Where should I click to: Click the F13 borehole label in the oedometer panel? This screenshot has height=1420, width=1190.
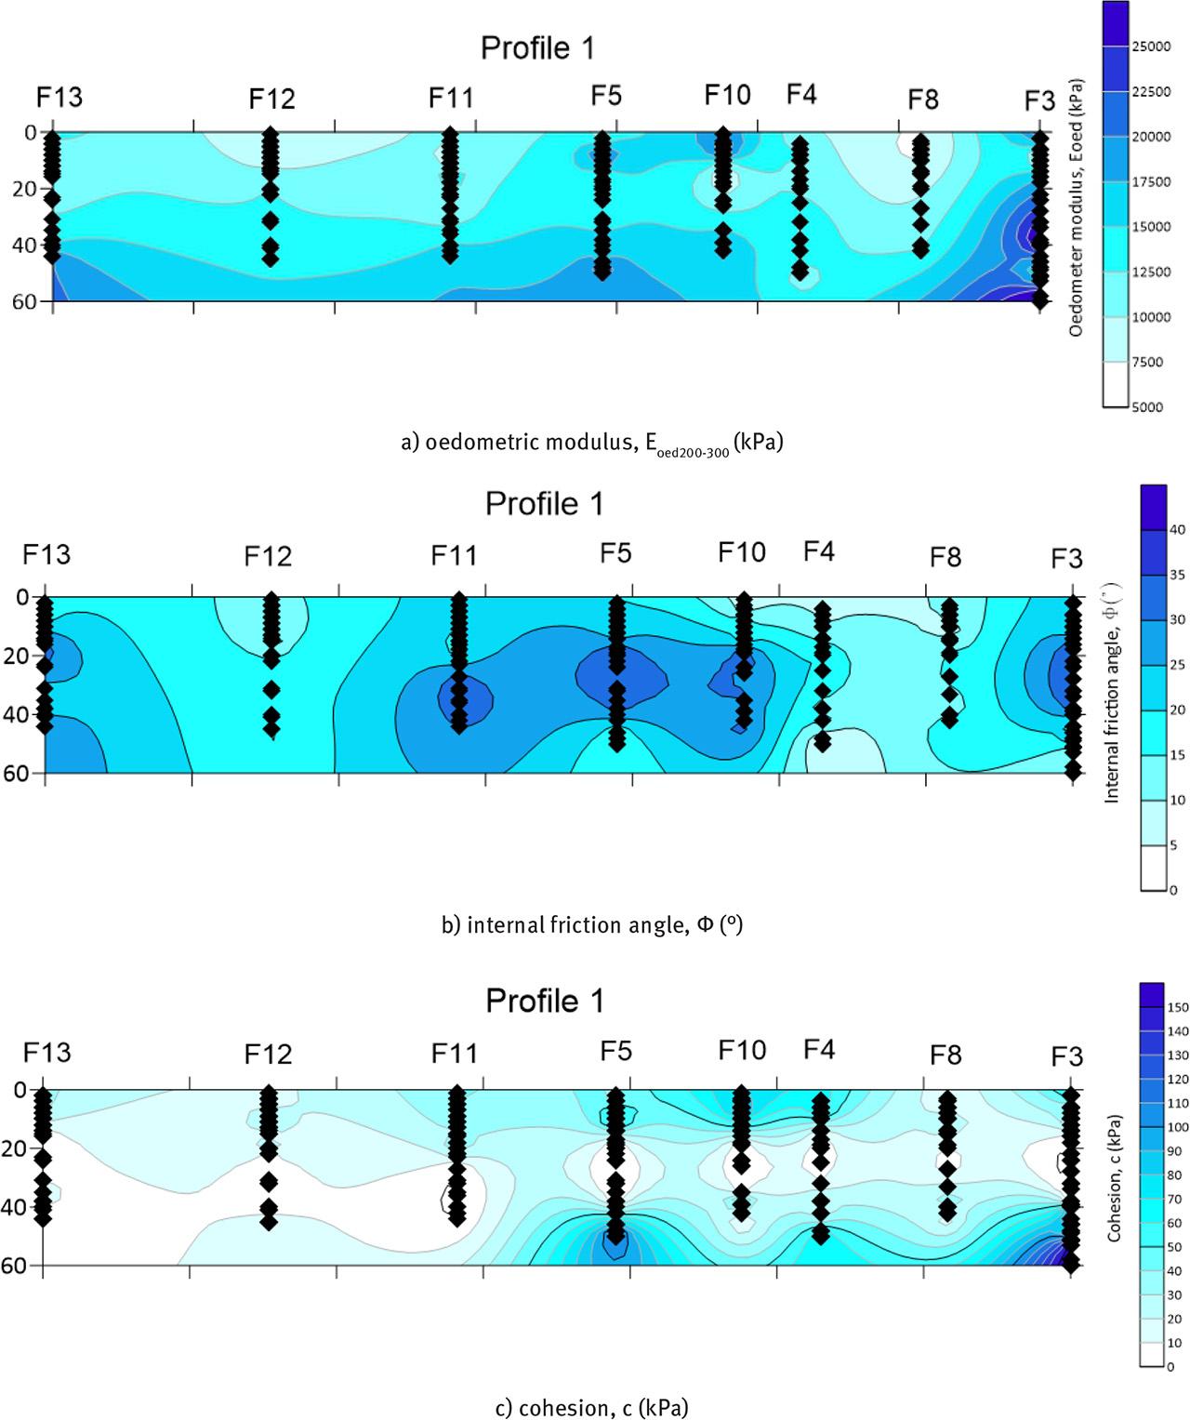point(59,97)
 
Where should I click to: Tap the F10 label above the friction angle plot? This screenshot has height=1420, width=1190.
point(741,552)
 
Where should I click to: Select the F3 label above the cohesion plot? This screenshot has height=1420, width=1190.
point(1066,1056)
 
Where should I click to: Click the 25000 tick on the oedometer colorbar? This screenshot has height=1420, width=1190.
point(1150,46)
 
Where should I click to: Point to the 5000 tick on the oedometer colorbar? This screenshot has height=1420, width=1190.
point(1146,406)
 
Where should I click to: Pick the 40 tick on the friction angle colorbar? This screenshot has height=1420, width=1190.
point(1177,529)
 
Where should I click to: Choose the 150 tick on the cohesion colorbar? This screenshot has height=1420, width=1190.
point(1178,1007)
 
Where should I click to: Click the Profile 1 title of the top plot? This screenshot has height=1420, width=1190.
point(537,48)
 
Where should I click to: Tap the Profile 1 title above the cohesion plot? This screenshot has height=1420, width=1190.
point(545,1002)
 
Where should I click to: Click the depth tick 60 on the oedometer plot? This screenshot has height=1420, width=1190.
point(24,301)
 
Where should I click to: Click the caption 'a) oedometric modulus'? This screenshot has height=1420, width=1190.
point(591,443)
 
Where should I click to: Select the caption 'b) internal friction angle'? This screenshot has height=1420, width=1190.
point(591,925)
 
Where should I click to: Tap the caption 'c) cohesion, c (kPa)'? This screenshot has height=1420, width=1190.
point(591,1408)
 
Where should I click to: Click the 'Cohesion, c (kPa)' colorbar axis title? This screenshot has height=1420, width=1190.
point(1114,1176)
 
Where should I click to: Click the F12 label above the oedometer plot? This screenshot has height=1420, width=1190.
point(271,99)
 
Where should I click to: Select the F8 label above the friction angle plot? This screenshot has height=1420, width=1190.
point(945,557)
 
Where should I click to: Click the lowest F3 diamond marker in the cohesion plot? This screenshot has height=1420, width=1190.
point(1071,1263)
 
